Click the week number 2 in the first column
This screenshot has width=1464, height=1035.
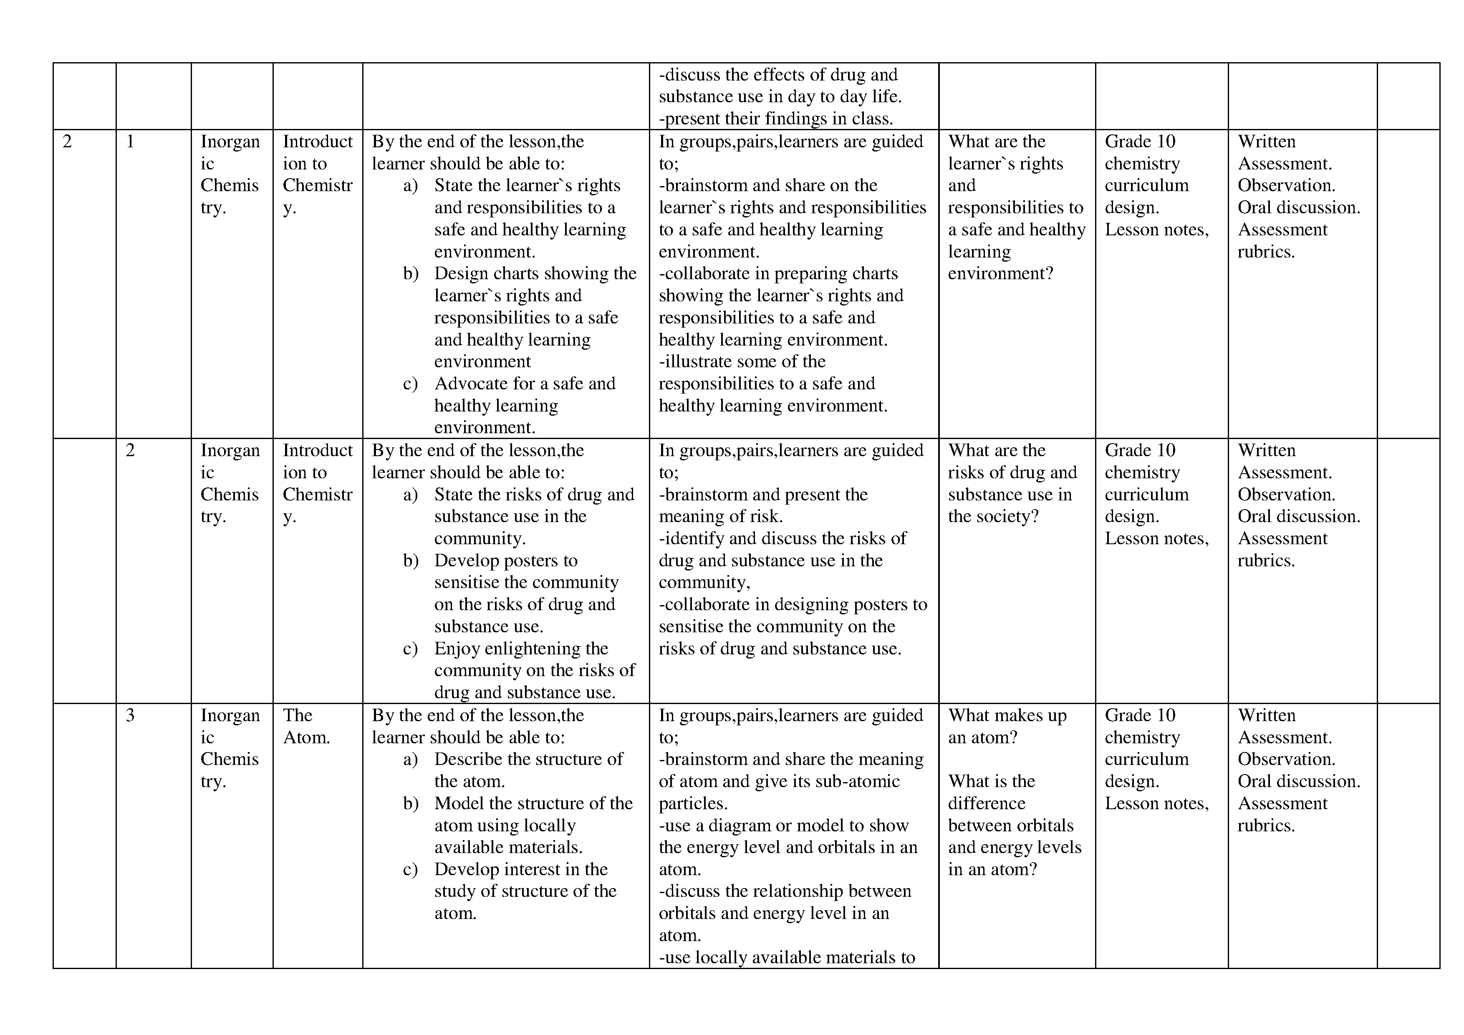click(x=67, y=141)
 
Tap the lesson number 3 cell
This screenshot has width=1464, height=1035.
click(x=130, y=715)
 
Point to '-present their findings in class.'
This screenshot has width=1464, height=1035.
click(x=775, y=119)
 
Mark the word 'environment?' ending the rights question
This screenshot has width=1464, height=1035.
click(x=1000, y=274)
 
